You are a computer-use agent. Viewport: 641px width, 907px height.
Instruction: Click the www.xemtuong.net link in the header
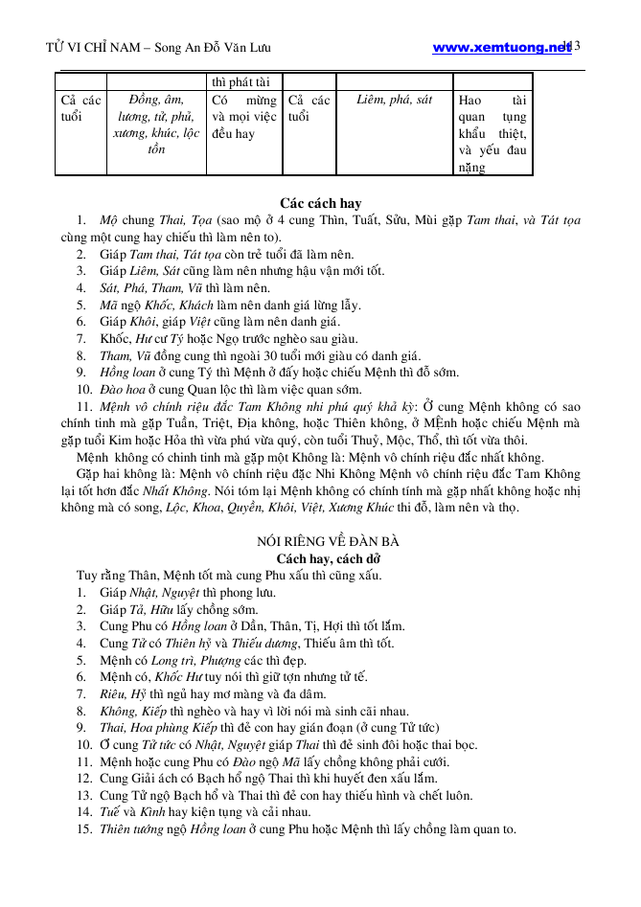pos(501,47)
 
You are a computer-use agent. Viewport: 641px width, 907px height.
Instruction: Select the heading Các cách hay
pos(320,203)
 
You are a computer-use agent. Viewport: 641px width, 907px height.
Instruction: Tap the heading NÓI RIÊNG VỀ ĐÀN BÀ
pos(320,541)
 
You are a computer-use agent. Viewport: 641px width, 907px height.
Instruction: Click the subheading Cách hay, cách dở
pos(320,558)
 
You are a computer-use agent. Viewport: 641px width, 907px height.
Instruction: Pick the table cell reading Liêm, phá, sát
pos(394,100)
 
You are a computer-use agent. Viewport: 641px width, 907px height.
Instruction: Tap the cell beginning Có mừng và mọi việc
pos(243,117)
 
